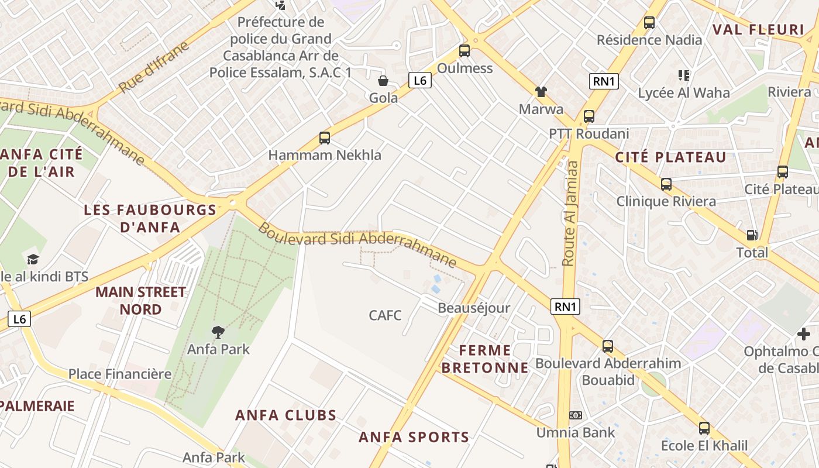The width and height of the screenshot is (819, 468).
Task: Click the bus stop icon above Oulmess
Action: click(x=464, y=51)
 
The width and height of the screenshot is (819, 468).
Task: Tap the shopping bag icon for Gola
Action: click(x=383, y=80)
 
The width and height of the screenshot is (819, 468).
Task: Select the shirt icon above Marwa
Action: click(x=541, y=92)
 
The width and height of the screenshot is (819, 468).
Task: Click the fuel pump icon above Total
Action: click(x=752, y=235)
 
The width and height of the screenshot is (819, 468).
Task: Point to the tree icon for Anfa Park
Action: click(x=218, y=332)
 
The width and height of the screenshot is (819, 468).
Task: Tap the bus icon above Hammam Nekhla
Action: click(x=325, y=138)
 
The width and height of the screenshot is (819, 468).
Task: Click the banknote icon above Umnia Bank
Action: click(x=576, y=415)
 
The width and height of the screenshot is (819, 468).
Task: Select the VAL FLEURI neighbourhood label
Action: click(x=758, y=30)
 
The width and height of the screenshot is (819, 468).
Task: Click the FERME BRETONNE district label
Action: click(x=485, y=359)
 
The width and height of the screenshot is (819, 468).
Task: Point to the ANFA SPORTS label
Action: click(x=414, y=437)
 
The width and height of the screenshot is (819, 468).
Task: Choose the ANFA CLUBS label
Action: click(x=286, y=415)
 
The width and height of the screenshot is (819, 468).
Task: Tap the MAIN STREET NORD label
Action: click(x=140, y=300)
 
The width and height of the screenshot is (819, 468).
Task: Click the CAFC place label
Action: click(x=386, y=315)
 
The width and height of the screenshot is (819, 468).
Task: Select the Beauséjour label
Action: click(x=474, y=308)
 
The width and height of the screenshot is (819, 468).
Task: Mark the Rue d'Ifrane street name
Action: click(x=154, y=67)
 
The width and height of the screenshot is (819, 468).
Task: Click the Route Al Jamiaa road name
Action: click(x=569, y=214)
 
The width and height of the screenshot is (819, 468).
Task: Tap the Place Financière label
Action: click(x=120, y=374)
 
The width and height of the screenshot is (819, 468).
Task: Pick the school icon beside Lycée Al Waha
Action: click(x=684, y=75)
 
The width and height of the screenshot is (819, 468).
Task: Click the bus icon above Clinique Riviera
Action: click(x=666, y=184)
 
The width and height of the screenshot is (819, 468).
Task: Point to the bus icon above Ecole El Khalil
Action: click(x=704, y=428)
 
